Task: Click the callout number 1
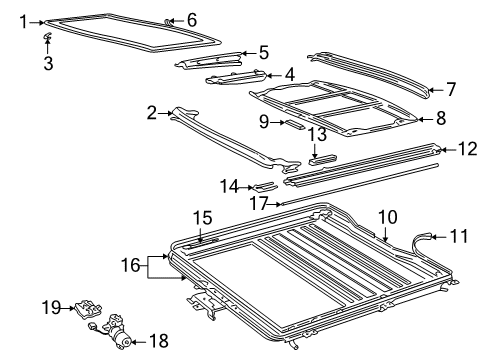[x=23, y=22]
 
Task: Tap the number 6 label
[x=192, y=20]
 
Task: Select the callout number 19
[x=51, y=308]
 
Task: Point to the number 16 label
[x=130, y=265]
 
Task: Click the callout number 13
[x=317, y=134]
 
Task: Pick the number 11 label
[x=459, y=236]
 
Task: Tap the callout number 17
[x=259, y=203]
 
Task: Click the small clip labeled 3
[x=48, y=36]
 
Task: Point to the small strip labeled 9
[x=294, y=125]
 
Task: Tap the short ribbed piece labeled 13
[x=322, y=160]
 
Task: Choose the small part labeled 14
[x=265, y=186]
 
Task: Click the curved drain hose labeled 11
[x=421, y=243]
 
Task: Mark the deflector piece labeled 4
[x=236, y=78]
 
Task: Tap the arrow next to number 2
[x=165, y=114]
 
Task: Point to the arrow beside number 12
[x=448, y=150]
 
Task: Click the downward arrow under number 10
[x=385, y=234]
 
